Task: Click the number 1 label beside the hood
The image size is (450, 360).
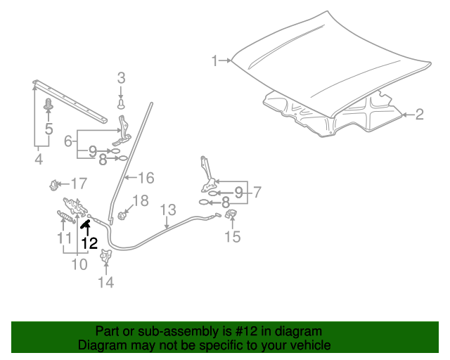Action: [215, 61]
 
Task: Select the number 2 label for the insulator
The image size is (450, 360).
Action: [419, 114]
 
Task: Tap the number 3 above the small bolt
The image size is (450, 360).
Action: [121, 77]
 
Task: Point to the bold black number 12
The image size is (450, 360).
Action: [89, 243]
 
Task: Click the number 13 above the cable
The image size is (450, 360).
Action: [167, 210]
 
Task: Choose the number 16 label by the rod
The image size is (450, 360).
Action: [146, 176]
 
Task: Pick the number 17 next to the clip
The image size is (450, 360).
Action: [78, 184]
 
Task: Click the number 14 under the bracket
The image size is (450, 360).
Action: [105, 283]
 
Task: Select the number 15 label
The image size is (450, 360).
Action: [232, 237]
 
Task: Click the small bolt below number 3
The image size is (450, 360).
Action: [121, 103]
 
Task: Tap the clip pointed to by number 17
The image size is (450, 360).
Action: [53, 186]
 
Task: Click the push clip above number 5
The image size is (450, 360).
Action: [49, 106]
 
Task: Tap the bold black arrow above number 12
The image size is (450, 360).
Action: [86, 225]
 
